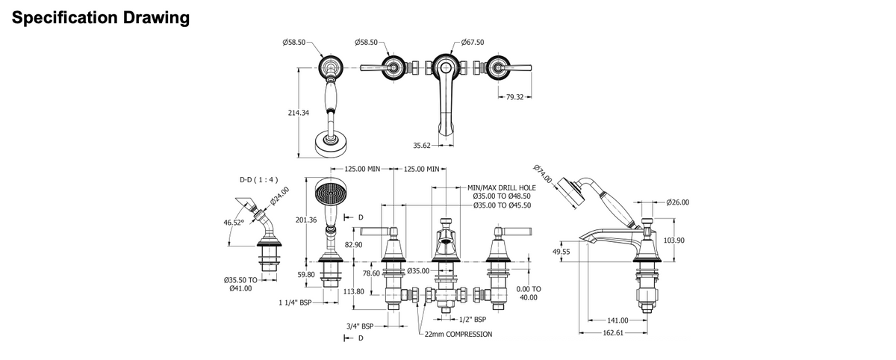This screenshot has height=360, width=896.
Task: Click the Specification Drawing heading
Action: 101,18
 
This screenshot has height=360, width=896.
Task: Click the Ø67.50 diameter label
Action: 473,42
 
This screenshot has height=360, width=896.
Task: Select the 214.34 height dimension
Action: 299,113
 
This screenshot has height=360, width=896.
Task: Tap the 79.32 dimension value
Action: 514,97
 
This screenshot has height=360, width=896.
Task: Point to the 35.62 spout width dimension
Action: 422,146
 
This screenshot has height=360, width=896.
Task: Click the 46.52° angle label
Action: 234,223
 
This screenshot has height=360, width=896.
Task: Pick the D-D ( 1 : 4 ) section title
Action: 258,180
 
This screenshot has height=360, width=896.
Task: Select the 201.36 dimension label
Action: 306,220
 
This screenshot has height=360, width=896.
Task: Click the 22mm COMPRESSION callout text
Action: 458,335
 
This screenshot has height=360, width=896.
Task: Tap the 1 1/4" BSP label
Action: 295,302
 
